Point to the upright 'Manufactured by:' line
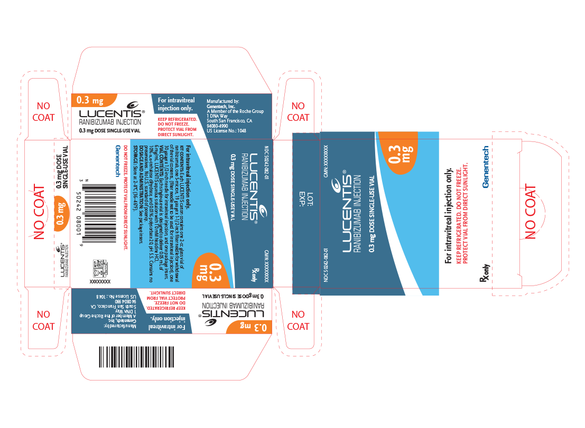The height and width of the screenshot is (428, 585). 223,101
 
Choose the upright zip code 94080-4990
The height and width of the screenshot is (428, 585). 218,126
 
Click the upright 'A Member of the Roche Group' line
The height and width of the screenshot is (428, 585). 235,111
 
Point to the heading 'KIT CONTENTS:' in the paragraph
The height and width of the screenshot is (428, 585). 183,156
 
